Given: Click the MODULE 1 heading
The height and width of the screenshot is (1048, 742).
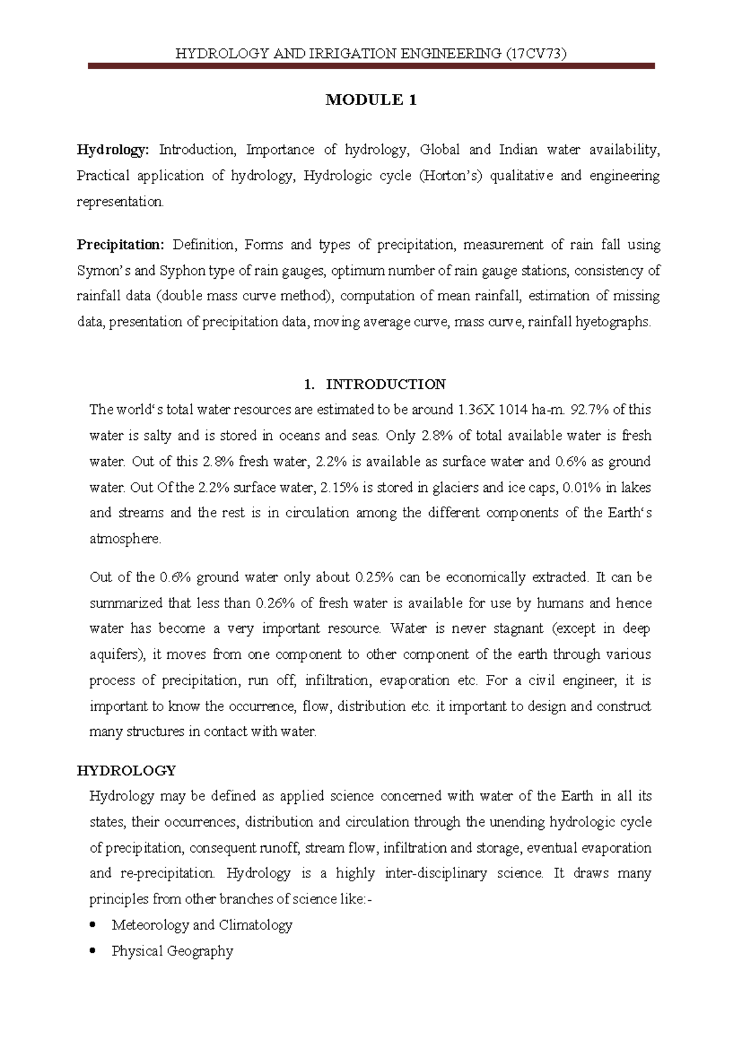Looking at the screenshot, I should pyautogui.click(x=371, y=100).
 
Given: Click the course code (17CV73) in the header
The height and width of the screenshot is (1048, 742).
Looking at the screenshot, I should pyautogui.click(x=535, y=54).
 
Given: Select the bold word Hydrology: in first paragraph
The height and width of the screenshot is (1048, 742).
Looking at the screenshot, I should pyautogui.click(x=113, y=150).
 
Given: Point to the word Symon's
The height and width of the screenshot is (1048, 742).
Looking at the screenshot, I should pyautogui.click(x=103, y=271).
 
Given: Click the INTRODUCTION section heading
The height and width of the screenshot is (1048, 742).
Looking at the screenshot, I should pyautogui.click(x=385, y=384).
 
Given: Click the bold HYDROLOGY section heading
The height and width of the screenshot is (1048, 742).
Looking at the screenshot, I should pyautogui.click(x=126, y=771).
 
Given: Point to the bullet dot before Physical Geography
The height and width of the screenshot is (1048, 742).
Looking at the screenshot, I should pyautogui.click(x=93, y=951).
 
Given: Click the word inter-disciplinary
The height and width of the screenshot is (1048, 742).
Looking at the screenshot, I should pyautogui.click(x=435, y=874).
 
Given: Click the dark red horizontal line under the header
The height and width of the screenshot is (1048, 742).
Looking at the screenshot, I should pyautogui.click(x=371, y=65).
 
